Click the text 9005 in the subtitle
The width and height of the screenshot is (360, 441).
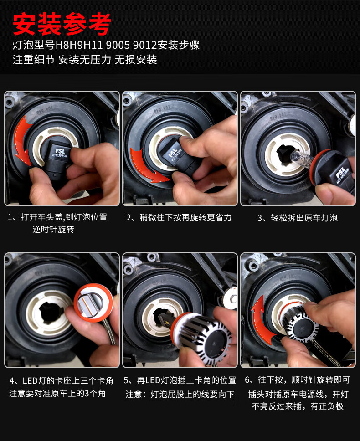[x=118, y=45]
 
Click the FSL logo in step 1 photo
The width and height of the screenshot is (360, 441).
[x=60, y=151]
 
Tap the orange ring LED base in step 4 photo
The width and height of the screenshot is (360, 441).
[x=93, y=303]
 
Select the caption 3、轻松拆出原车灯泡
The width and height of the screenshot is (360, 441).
[x=297, y=218]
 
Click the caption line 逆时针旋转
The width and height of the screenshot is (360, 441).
[x=53, y=229]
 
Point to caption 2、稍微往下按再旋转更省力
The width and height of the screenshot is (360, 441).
[x=179, y=218]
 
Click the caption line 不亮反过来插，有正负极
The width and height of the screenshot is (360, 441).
[x=297, y=406]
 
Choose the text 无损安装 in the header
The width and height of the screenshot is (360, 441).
[x=135, y=60]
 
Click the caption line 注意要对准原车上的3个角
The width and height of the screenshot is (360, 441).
[x=57, y=393]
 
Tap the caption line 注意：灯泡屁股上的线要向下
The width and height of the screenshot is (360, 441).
[x=180, y=394]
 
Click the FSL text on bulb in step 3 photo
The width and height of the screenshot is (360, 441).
[x=340, y=172]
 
